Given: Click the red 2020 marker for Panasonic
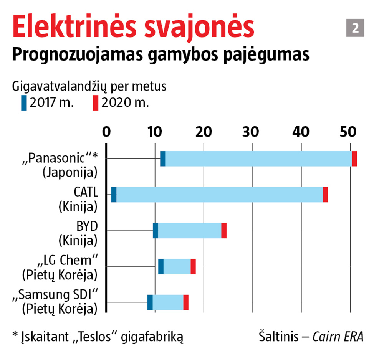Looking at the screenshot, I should click(x=354, y=159).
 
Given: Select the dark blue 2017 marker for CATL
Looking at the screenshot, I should click(x=114, y=195).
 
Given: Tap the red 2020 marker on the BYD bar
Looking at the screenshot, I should click(x=224, y=230).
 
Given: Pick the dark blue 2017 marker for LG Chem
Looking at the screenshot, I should click(x=161, y=266).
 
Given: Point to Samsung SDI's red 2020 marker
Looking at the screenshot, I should click(x=186, y=302).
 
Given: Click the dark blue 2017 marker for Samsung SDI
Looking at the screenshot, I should click(x=150, y=302).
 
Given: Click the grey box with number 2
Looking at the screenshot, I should click(x=355, y=29).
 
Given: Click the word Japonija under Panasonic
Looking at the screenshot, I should click(x=70, y=172).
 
